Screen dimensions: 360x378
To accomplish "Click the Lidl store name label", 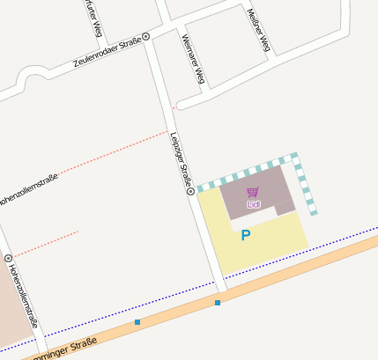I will pyautogui.click(x=254, y=204).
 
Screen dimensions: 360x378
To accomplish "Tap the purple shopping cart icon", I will pyautogui.click(x=253, y=192).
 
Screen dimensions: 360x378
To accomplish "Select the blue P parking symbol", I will pyautogui.click(x=246, y=235).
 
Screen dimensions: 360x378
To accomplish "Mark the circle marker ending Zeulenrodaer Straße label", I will pyautogui.click(x=146, y=36).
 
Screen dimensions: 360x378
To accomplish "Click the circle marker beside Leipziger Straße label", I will pyautogui.click(x=190, y=191).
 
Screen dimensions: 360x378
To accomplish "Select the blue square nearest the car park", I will pyautogui.click(x=218, y=303).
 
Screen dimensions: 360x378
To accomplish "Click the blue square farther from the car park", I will pyautogui.click(x=137, y=322).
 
